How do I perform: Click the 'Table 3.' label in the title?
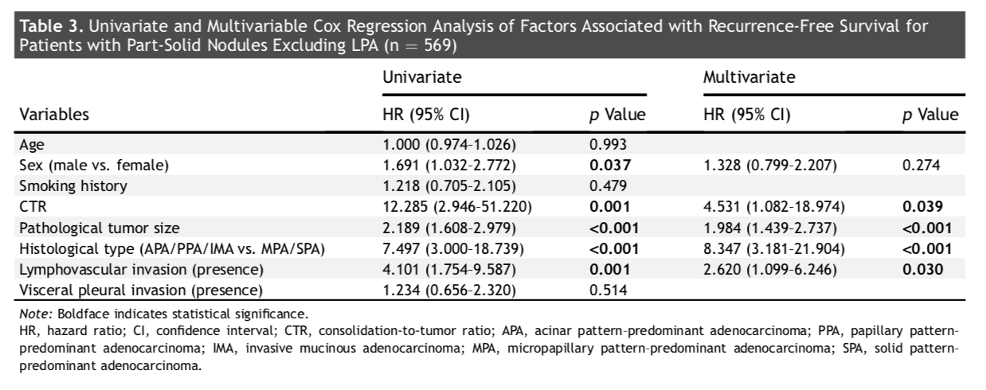[x=51, y=26]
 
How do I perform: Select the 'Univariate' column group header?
[x=421, y=77]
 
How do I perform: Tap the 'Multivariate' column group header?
[x=749, y=77]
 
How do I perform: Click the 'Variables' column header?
[x=54, y=115]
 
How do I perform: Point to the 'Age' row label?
[x=32, y=145]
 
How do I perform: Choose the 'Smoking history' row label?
[x=73, y=186]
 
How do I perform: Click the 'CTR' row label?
[x=33, y=207]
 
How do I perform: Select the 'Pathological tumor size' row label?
[x=100, y=228]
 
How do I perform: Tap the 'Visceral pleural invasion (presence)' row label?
[x=141, y=291]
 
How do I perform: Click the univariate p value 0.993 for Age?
[x=608, y=144]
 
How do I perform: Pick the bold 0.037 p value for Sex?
[x=610, y=165]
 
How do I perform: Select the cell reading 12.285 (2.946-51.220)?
[x=457, y=207]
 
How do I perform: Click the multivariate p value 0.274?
[x=921, y=165]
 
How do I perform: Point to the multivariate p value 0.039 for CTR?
[x=922, y=207]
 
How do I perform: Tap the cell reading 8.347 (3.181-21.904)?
[x=774, y=249]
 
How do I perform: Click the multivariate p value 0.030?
[x=922, y=270]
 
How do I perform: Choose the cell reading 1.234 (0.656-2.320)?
[x=449, y=291]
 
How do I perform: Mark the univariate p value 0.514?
[x=608, y=291]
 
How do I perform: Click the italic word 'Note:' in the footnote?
[x=36, y=314]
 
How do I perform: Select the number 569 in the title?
[x=437, y=45]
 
